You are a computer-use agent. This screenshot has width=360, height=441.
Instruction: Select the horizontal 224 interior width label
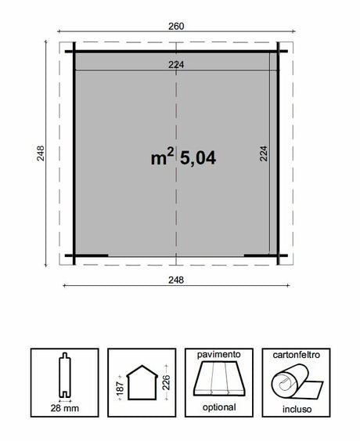pyautogui.click(x=176, y=65)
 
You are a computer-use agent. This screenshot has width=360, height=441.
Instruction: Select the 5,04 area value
pyautogui.click(x=198, y=157)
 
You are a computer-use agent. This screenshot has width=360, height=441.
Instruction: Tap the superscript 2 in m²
pyautogui.click(x=169, y=150)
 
